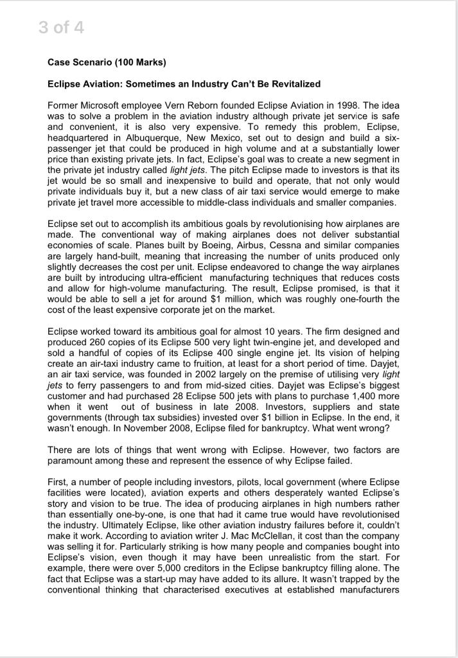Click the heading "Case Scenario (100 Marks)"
[107, 62]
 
